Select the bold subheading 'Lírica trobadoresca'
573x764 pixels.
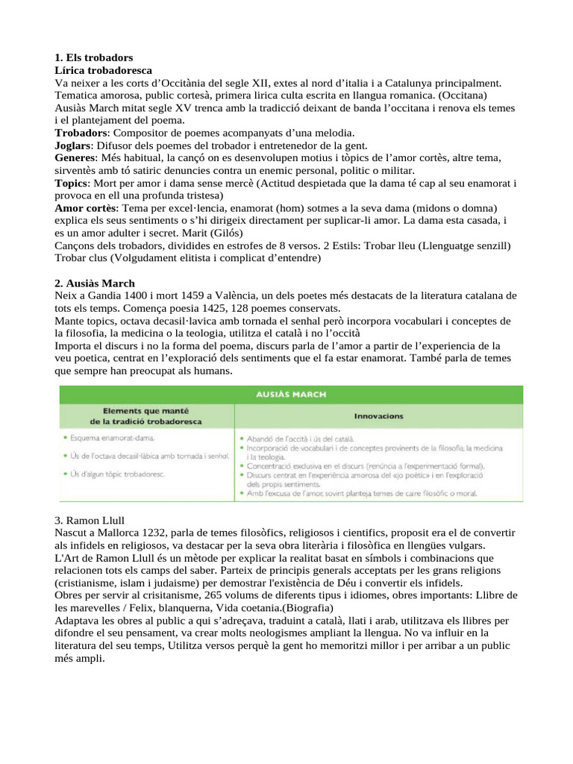103,69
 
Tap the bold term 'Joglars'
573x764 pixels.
73,145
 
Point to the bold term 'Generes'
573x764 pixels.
75,157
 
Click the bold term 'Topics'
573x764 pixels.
72,183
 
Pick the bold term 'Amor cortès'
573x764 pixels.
87,207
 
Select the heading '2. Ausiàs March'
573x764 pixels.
95,283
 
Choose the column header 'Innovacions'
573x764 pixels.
380,416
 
